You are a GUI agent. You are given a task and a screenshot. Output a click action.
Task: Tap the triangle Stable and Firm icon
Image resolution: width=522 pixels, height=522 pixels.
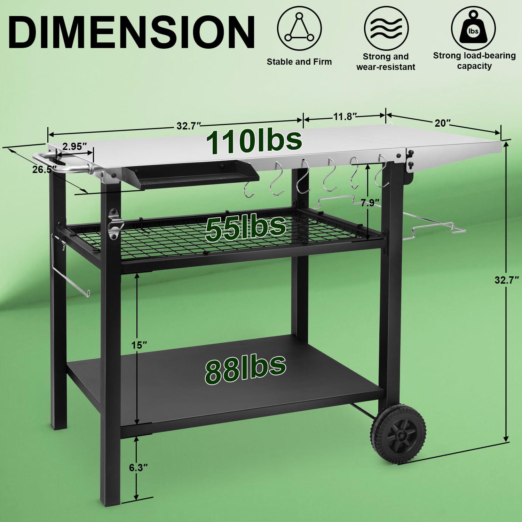[x=299, y=28]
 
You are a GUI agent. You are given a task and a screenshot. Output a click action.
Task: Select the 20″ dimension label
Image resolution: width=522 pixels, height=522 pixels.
[x=442, y=123]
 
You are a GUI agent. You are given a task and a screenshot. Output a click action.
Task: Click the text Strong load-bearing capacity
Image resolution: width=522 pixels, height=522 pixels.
[x=474, y=61]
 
